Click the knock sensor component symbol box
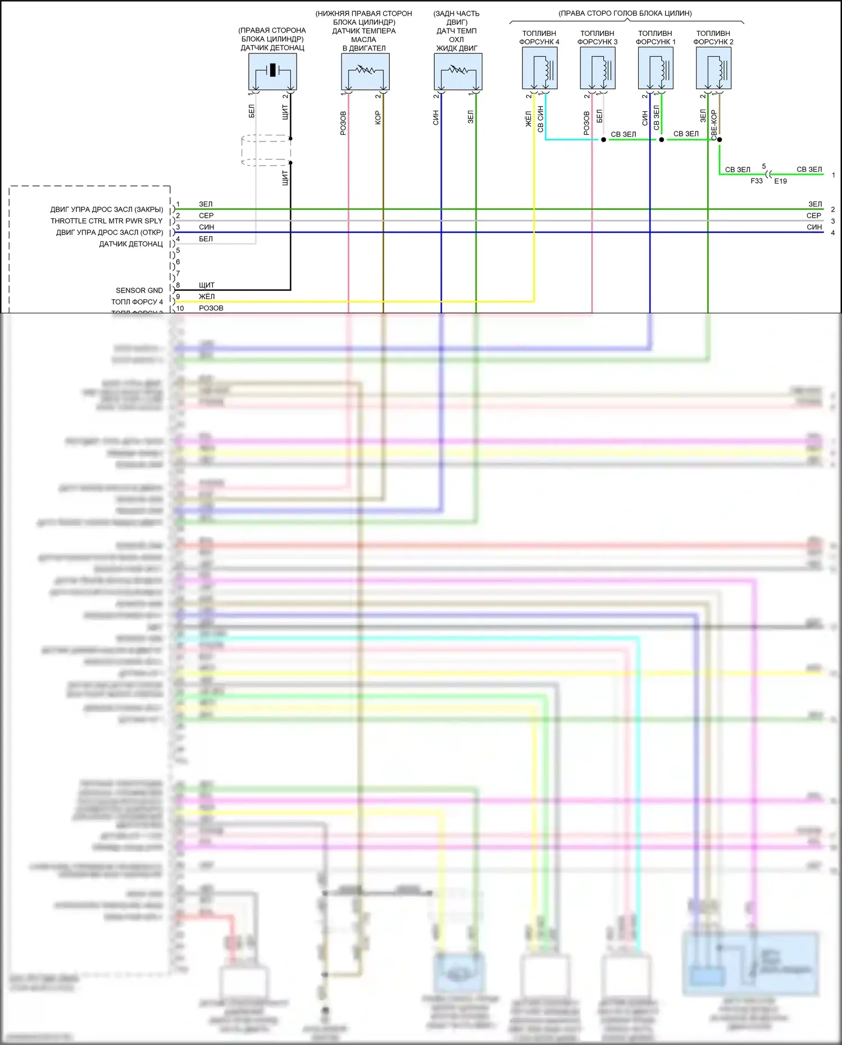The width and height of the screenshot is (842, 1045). [x=272, y=71]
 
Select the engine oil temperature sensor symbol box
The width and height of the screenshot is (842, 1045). [x=365, y=71]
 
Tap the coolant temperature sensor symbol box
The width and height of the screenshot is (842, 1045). [x=458, y=71]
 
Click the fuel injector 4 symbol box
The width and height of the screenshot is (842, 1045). [x=540, y=68]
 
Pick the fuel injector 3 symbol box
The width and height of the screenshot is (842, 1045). [x=598, y=68]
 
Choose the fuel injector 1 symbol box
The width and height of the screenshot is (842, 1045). [x=656, y=68]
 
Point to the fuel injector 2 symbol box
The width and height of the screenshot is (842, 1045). [x=713, y=68]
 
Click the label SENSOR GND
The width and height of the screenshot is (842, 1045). [x=139, y=290]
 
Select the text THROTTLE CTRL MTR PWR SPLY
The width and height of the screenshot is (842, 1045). [x=107, y=221]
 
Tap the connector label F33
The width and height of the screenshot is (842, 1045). [x=757, y=181]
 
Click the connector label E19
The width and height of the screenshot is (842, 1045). [x=781, y=181]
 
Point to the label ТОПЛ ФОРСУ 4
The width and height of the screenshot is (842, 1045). [x=137, y=302]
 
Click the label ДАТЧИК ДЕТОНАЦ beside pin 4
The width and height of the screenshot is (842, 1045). [x=131, y=244]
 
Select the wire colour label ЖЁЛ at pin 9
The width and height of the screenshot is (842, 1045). [x=207, y=296]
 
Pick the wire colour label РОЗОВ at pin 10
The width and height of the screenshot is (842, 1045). [x=211, y=308]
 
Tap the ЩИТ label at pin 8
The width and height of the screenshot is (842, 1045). [x=207, y=285]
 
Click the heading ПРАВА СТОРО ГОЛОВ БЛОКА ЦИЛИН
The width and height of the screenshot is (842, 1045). [x=625, y=13]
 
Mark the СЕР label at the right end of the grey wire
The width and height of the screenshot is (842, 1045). [x=814, y=216]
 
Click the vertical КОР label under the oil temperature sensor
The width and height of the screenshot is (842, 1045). [x=378, y=117]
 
